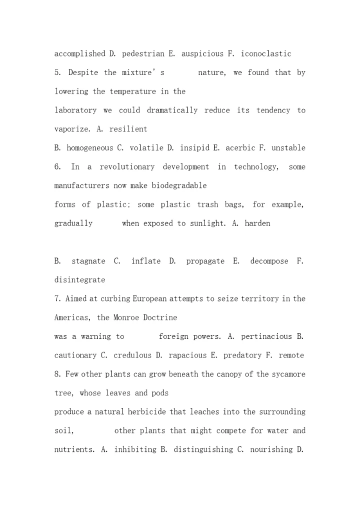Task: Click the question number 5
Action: [x=57, y=72]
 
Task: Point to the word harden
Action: [x=257, y=223]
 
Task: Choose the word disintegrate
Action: [x=80, y=280]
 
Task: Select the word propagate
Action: [x=205, y=261]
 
